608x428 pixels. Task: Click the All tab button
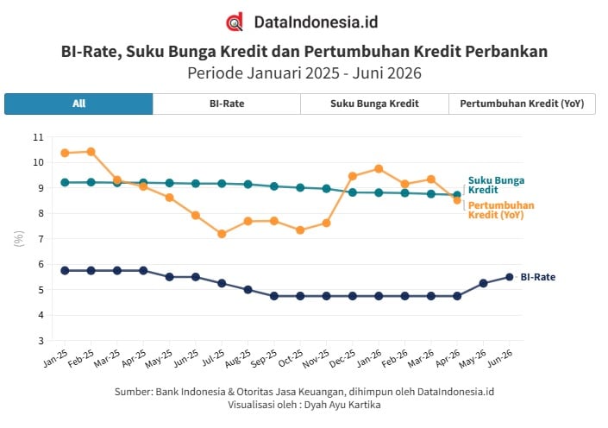78,104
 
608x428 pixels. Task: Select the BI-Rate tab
227,104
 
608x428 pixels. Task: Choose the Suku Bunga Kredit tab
374,104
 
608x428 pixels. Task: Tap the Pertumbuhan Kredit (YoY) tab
522,104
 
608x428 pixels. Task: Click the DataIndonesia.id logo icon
235,22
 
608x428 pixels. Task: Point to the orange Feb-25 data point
91,152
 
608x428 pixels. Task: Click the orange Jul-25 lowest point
222,234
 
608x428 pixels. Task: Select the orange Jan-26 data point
379,169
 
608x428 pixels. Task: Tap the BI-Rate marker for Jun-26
510,277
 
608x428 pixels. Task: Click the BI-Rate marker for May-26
484,283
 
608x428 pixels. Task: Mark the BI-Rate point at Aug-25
248,289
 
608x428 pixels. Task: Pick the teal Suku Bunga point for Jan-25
65,182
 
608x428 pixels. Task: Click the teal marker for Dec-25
353,192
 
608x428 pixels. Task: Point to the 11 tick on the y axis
39,137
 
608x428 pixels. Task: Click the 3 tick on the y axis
41,341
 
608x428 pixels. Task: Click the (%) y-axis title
19,239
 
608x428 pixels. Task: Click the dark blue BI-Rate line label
538,277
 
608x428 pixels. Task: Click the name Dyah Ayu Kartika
342,405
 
